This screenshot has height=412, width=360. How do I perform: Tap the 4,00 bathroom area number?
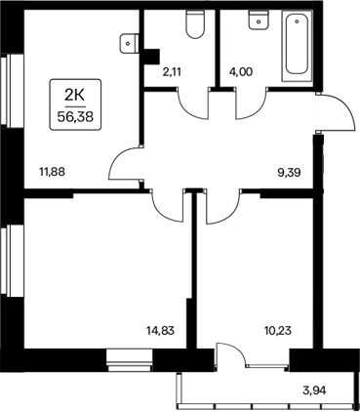tap(240, 69)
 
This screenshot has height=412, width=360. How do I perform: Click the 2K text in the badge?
tap(75, 94)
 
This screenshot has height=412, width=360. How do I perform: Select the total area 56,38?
tap(75, 112)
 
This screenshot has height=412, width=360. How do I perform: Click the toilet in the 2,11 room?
tap(193, 25)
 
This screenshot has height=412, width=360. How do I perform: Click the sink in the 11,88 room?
tap(127, 42)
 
